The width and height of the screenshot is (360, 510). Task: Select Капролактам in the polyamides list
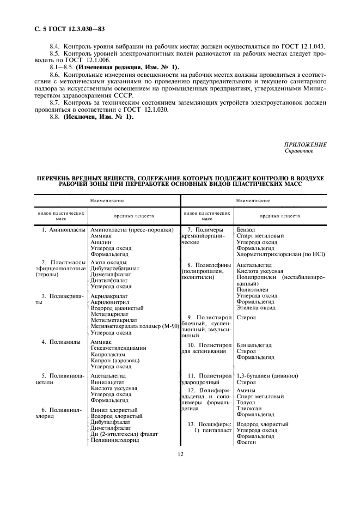(108, 354)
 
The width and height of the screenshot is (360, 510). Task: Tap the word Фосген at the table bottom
(246, 442)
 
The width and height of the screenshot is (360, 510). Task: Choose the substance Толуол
(247, 402)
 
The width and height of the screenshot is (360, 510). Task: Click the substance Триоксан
(250, 408)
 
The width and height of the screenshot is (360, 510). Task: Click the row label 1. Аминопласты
(64, 230)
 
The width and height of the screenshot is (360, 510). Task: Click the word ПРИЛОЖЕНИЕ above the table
(305, 144)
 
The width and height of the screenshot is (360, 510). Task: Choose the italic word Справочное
(299, 151)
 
